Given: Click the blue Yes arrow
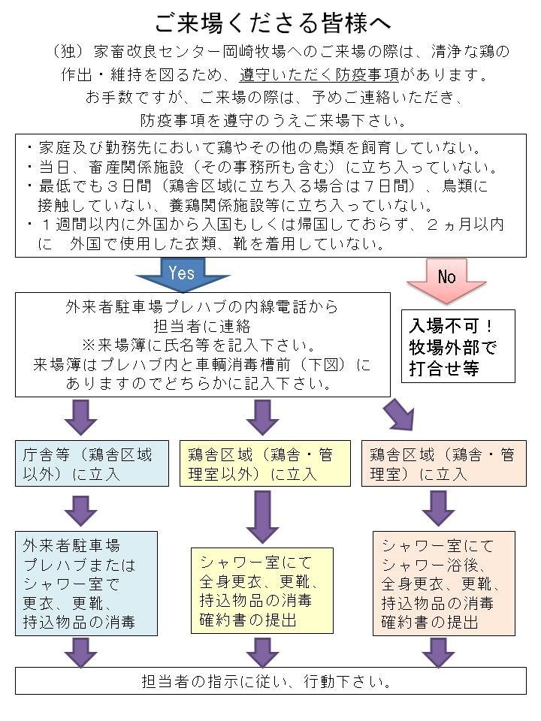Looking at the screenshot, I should click(183, 274).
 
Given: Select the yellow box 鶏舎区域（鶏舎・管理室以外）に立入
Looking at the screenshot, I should click(266, 464).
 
